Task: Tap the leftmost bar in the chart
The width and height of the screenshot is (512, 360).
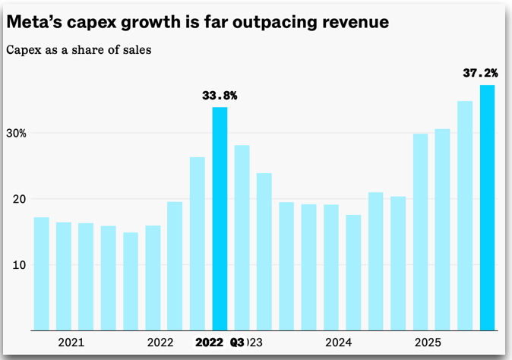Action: [42, 273]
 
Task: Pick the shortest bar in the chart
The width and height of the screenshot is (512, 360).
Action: [131, 281]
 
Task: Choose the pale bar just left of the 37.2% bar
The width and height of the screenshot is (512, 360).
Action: [465, 216]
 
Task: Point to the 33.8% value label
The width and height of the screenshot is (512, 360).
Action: [220, 96]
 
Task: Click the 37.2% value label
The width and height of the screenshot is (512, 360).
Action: [480, 74]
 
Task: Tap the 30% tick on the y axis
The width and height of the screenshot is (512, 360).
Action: [17, 133]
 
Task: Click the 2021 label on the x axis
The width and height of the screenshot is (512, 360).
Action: [71, 343]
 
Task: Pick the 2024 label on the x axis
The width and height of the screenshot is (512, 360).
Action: [339, 343]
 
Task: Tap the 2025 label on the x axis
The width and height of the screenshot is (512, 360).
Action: [428, 343]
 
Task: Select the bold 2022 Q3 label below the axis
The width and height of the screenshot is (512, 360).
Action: [220, 343]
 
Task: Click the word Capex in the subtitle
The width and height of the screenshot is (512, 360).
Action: [22, 51]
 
